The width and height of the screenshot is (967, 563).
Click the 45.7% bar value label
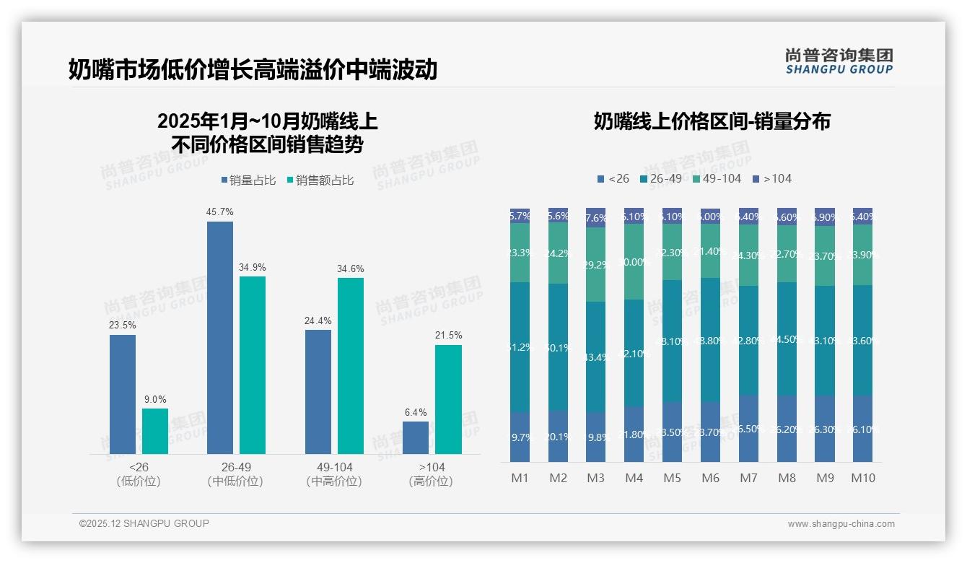pyautogui.click(x=220, y=212)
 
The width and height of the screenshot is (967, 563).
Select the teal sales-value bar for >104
pyautogui.click(x=448, y=399)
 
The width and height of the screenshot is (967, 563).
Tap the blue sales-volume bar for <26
pyautogui.click(x=123, y=394)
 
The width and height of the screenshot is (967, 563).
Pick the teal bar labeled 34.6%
pyautogui.click(x=351, y=365)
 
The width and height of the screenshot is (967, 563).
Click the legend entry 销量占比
pyautogui.click(x=248, y=180)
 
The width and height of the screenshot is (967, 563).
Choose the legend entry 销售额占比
pyautogui.click(x=320, y=180)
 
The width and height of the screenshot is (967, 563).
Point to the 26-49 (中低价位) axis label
pyautogui.click(x=235, y=474)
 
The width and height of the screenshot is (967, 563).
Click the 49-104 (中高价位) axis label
pyautogui.click(x=334, y=474)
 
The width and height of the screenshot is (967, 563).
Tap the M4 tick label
pyautogui.click(x=634, y=478)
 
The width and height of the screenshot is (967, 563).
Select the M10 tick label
pyautogui.click(x=862, y=478)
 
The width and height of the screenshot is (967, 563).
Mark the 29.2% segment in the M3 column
pyautogui.click(x=595, y=264)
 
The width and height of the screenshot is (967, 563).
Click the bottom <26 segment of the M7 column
pyautogui.click(x=748, y=428)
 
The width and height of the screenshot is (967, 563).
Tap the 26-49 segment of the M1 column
pyautogui.click(x=520, y=347)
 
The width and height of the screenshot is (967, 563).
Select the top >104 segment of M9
pyautogui.click(x=825, y=217)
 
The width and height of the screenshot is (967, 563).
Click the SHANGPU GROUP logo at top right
pyautogui.click(x=839, y=61)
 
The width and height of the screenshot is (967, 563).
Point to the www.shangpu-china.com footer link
pyautogui.click(x=841, y=524)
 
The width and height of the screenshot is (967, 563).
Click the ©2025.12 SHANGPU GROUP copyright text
pyautogui.click(x=144, y=523)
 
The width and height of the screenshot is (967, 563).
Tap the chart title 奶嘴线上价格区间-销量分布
pyautogui.click(x=712, y=121)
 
